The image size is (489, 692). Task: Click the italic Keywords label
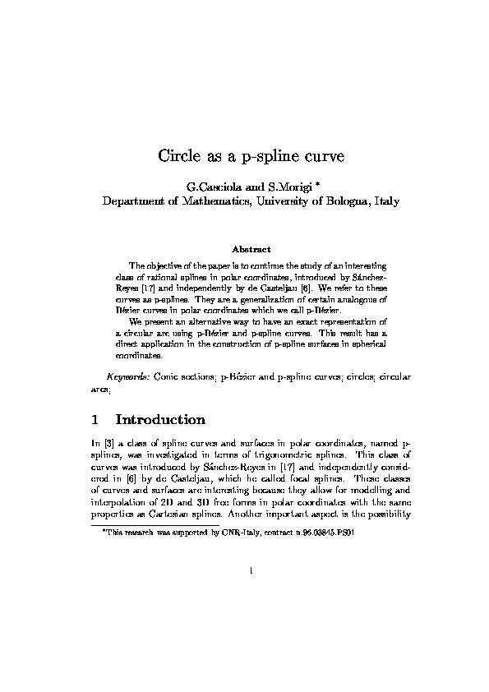coord(126,376)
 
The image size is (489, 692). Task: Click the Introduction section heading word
coord(161,421)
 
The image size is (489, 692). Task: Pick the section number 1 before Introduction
coord(96,421)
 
